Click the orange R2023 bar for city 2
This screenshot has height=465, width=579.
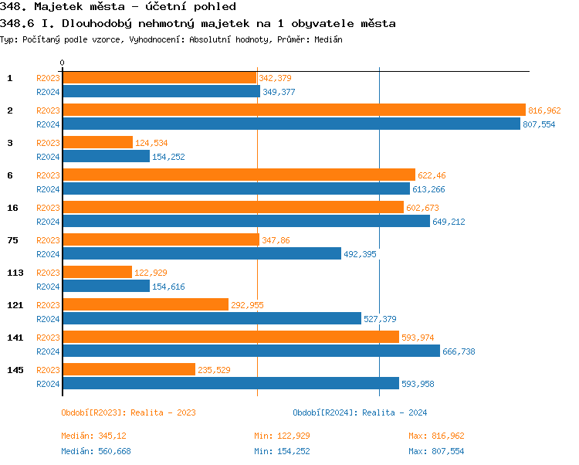point(293,110)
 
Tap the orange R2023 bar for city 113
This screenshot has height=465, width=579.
point(96,272)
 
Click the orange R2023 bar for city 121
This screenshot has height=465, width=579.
point(145,304)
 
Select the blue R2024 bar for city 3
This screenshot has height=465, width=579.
point(106,156)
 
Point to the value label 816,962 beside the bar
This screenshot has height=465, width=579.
point(544,110)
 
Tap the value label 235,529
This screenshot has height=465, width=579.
point(215,370)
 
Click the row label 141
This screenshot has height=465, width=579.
point(15,338)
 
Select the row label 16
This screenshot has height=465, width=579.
point(12,208)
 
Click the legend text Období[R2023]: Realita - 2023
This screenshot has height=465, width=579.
point(128,412)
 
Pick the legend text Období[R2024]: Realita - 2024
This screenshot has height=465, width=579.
point(360,412)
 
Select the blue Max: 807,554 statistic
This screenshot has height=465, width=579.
point(436,451)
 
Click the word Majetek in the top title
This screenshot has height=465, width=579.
point(49,7)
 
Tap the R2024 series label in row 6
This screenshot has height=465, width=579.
point(48,189)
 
